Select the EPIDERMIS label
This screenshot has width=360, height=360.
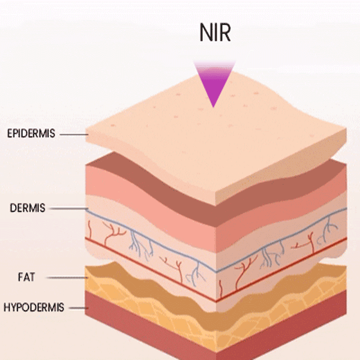(x=31, y=134)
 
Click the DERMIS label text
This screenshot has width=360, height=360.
(x=27, y=208)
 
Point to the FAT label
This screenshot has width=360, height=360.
(x=26, y=278)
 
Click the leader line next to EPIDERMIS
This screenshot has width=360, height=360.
(x=72, y=135)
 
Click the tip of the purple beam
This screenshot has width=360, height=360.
(x=213, y=106)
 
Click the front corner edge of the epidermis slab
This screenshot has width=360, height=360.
(x=216, y=200)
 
